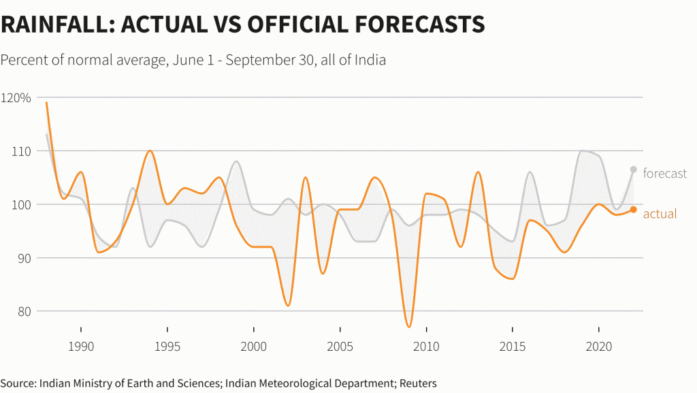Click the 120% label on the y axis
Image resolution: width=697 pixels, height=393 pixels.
pyautogui.click(x=16, y=98)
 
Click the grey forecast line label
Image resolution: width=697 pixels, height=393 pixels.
pyautogui.click(x=664, y=174)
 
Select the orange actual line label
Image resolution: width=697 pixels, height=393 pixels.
pyautogui.click(x=660, y=214)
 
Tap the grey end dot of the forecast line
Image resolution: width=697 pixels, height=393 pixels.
pyautogui.click(x=633, y=170)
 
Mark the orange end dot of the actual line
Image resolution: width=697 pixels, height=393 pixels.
pyautogui.click(x=633, y=210)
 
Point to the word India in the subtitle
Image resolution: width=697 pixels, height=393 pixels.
pyautogui.click(x=370, y=60)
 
